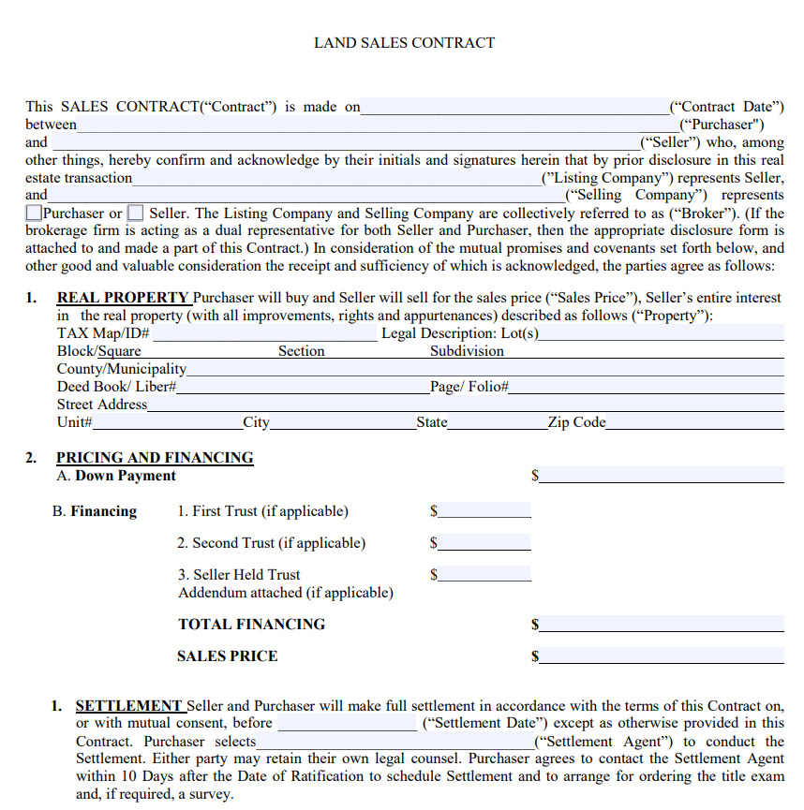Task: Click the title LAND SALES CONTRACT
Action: coord(404,43)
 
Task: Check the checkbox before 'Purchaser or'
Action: coord(34,214)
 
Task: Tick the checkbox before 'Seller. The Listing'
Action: coord(136,214)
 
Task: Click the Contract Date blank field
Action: coord(515,108)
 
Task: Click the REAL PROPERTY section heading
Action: coord(123,298)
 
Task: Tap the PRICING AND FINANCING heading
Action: coord(155,458)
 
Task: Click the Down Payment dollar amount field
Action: coord(662,476)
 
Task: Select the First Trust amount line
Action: coord(484,511)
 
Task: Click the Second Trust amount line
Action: coord(484,543)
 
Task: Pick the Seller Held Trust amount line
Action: coord(484,575)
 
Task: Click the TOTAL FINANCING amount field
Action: coord(662,624)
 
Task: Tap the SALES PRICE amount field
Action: coord(662,656)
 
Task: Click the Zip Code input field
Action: coord(694,422)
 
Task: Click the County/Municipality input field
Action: coord(485,369)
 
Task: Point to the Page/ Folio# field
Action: coord(647,387)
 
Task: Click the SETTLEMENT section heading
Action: coord(129,706)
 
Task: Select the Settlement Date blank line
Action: coord(348,724)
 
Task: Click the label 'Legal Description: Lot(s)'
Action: coord(460,333)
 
